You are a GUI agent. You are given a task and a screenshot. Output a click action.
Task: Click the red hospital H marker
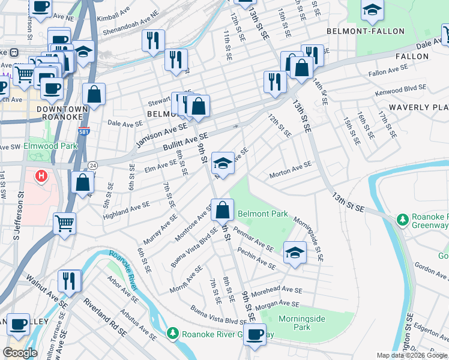(41, 177)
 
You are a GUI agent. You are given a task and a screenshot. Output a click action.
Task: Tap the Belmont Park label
(262, 214)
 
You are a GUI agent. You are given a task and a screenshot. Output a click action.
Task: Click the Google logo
(20, 353)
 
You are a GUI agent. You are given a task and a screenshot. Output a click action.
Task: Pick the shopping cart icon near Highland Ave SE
(64, 223)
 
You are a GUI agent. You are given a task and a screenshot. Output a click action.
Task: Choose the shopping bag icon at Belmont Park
(222, 209)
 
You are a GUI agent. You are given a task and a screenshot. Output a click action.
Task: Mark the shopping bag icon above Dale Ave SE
(94, 94)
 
